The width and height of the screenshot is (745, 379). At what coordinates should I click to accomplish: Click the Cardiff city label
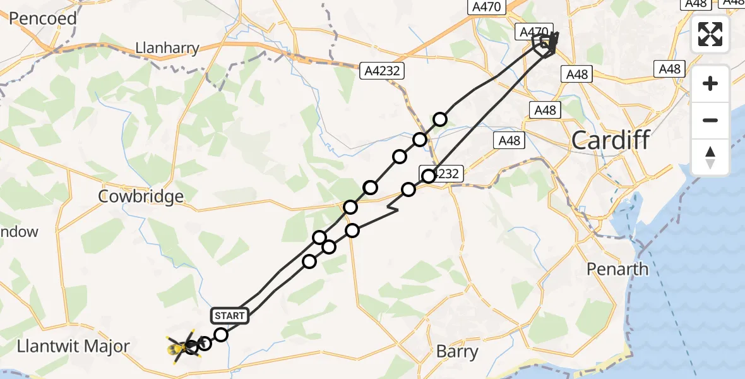coord(610,140)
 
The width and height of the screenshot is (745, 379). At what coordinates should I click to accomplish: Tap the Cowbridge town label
coord(141,196)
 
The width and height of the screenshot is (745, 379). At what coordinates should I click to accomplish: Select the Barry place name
coord(457,351)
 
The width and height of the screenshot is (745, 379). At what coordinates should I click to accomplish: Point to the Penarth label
coord(617,269)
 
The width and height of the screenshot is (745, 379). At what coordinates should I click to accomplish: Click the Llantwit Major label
coord(73,346)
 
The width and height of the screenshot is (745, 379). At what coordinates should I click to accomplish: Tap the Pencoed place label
coord(42,18)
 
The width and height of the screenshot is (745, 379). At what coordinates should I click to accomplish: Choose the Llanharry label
coord(167,48)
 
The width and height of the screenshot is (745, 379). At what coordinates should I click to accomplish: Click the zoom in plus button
coord(710,83)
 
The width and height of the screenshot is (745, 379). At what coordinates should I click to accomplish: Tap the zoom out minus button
coord(710,120)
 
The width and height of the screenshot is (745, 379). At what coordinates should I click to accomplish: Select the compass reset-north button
coord(710,157)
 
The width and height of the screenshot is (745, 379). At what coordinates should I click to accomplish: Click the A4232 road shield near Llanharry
coord(382,71)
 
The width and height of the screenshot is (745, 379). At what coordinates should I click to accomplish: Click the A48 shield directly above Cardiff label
coord(545,110)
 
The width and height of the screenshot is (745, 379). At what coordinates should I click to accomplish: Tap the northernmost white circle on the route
coord(440,119)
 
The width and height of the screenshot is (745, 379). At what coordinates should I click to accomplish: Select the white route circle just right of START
coord(221,334)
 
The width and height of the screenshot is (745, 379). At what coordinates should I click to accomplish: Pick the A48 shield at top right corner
coord(696,4)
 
